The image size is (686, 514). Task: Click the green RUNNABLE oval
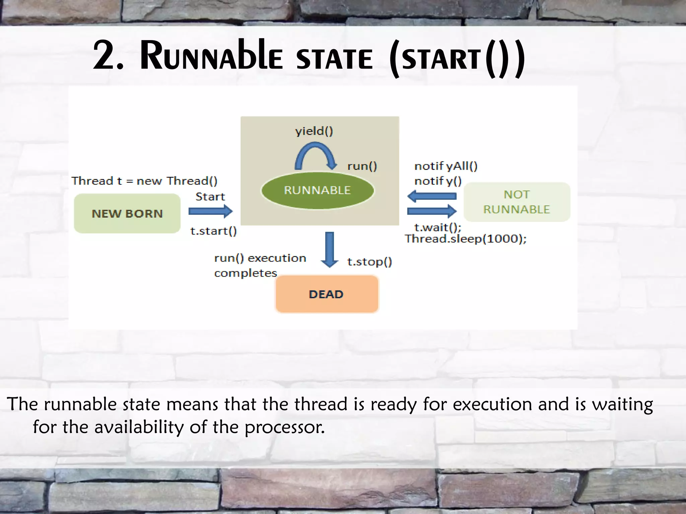coord(317,190)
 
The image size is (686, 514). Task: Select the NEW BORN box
coord(127,213)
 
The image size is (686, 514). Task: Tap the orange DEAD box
coord(327,294)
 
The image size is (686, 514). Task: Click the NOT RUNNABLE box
coord(517,202)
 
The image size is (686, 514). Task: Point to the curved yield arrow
coord(315,155)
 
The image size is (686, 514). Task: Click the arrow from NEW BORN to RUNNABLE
coord(210,211)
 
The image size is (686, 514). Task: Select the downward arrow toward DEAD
coord(330,249)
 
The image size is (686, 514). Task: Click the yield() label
coord(314,131)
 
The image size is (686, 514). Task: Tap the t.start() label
coord(213,231)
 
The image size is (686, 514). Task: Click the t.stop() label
coord(369,262)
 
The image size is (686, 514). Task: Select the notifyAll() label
coord(445,166)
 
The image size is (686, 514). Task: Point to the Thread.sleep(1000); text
coord(466,239)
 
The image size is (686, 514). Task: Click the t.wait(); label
coord(437,228)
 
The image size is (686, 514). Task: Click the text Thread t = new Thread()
coord(144,181)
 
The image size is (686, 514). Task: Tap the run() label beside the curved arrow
coord(362,166)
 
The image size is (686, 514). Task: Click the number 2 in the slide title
coord(105,55)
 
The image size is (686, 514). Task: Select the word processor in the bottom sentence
coord(284,427)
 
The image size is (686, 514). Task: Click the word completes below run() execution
coord(246,273)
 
